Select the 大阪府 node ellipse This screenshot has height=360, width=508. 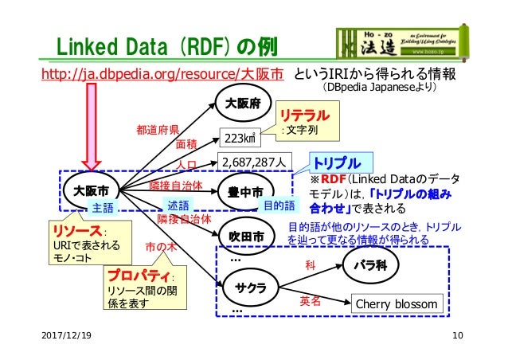243,103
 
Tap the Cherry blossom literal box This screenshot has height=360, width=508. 396,304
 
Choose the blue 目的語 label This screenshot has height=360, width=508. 279,205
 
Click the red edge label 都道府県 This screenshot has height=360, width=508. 157,128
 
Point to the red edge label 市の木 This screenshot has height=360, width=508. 161,247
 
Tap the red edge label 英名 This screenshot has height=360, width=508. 309,301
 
